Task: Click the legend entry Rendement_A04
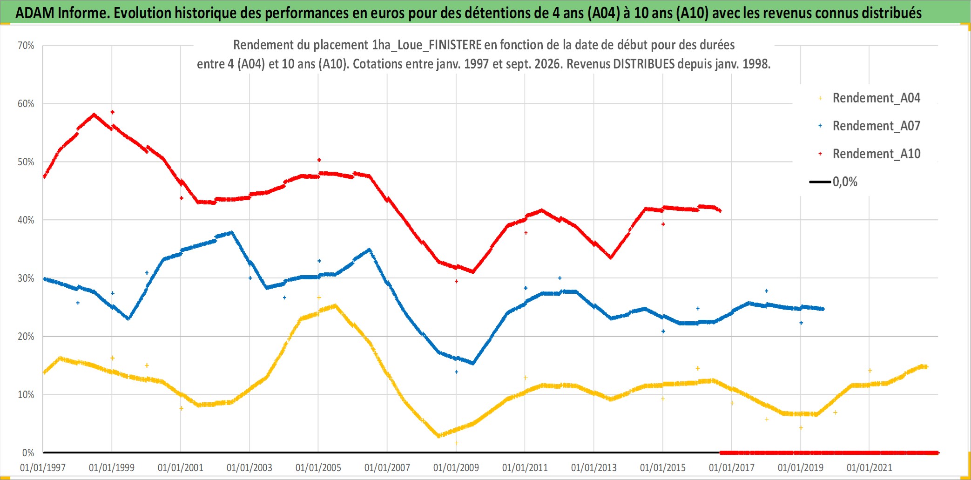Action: (x=870, y=98)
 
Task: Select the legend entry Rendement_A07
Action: (x=870, y=126)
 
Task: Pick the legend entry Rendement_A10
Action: (x=870, y=154)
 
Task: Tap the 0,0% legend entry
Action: (x=833, y=182)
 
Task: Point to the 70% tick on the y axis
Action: (x=26, y=46)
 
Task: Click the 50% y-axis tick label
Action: (x=26, y=162)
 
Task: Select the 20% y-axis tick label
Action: (x=26, y=337)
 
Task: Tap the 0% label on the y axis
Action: (x=28, y=453)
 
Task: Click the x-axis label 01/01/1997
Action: (x=43, y=467)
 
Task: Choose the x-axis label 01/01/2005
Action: (x=318, y=467)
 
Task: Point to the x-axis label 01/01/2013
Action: (x=594, y=467)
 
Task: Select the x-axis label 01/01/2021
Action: (x=870, y=467)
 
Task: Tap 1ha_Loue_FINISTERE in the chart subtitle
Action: (x=427, y=45)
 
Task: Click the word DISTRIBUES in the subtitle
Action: (x=644, y=64)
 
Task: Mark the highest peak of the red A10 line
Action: (x=94, y=114)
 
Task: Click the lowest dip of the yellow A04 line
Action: (x=438, y=436)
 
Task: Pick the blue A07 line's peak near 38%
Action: (x=232, y=232)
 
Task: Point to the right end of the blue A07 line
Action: (x=823, y=309)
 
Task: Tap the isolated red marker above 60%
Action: (x=112, y=112)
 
